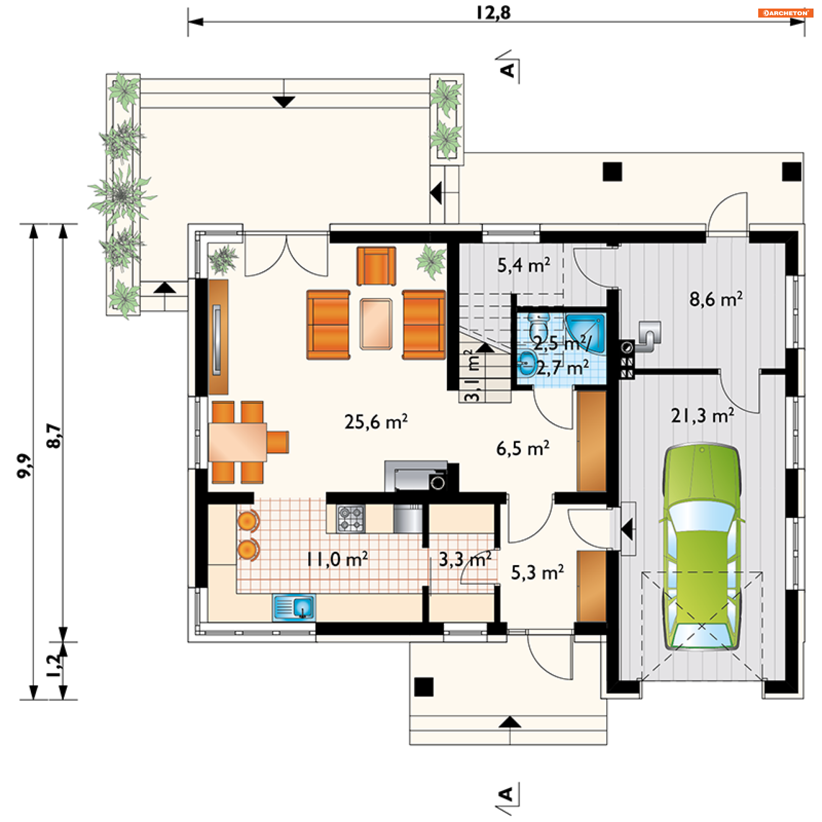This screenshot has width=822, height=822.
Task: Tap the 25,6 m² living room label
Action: coord(376,422)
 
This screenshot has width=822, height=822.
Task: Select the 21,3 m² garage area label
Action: coord(703,415)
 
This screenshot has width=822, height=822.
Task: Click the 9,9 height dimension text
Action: coord(24,466)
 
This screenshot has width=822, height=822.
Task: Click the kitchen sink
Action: coord(294,608)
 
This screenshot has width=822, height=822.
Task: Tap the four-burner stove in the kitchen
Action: coord(351,519)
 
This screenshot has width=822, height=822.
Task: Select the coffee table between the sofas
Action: coord(376,324)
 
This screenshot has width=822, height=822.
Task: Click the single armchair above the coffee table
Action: coord(376,266)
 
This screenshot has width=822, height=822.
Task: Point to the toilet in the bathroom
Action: coord(539,326)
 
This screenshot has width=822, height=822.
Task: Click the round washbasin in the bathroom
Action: coord(527,363)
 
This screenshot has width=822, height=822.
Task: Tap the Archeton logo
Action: coord(785,13)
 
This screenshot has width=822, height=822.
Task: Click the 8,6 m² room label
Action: coord(716,299)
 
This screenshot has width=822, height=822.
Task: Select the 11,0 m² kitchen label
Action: coord(337,559)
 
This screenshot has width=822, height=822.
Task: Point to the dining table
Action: coord(238,442)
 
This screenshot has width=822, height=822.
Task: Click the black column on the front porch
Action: coord(424,687)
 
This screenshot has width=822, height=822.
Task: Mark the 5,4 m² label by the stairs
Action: coord(524,265)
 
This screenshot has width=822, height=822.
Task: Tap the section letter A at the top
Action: coord(507,70)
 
